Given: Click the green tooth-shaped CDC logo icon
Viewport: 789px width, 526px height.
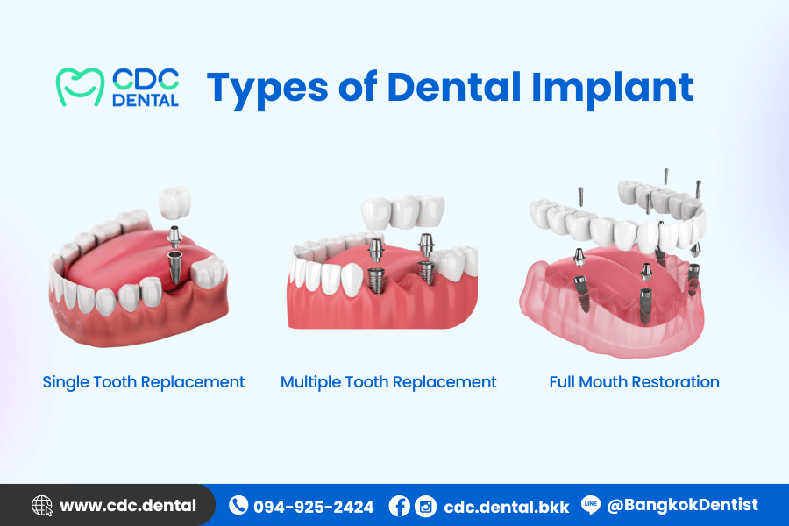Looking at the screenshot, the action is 80,87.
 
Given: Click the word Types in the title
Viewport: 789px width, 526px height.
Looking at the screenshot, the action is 267,89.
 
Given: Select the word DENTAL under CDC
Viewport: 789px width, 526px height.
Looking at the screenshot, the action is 146,100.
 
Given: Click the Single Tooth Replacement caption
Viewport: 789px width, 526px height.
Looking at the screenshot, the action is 144,382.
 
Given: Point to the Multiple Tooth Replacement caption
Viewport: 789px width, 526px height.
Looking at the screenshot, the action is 388,382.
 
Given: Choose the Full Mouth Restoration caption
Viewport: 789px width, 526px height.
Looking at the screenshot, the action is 634,382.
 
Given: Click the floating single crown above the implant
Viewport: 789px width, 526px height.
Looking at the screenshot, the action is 174,203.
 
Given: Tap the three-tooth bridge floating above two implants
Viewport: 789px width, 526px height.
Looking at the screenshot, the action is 403,211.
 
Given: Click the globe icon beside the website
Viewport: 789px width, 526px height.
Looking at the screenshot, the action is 42,505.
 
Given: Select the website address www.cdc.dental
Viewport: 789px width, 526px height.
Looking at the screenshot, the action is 128,505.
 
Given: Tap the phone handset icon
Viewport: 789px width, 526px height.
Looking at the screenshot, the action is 238,505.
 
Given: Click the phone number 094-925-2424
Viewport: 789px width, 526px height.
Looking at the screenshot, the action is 314,507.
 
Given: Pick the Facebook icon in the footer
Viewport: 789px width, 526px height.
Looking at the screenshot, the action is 400,506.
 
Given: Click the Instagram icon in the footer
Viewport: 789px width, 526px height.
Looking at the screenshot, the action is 426,506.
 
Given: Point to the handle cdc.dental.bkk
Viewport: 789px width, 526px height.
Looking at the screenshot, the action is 506,507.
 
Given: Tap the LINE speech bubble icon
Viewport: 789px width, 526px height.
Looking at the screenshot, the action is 591,504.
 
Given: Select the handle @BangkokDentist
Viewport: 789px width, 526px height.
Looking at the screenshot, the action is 682,505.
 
